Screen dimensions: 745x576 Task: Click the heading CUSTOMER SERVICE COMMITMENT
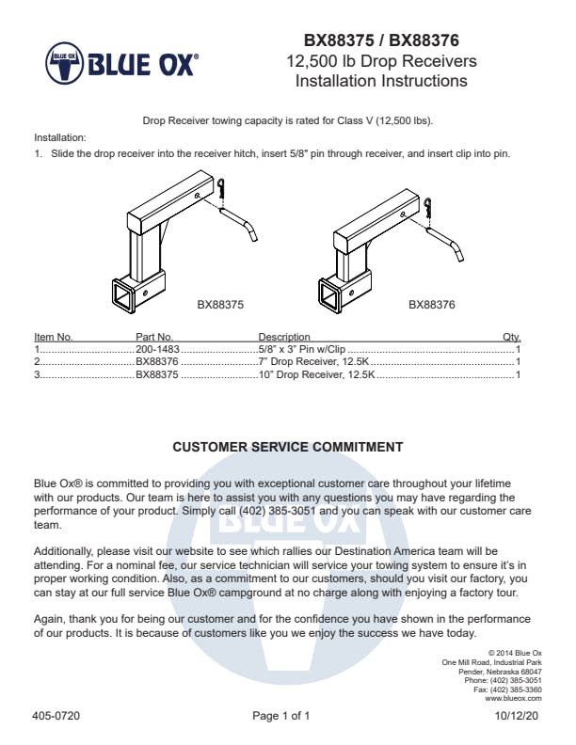click(288, 447)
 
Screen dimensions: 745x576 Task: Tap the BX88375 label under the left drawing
click(220, 305)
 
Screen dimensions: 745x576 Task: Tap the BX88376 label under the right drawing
click(432, 305)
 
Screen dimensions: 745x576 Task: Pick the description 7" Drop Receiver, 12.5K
click(314, 360)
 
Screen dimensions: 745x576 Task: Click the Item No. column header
click(54, 337)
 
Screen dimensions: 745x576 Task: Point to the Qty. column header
click(512, 337)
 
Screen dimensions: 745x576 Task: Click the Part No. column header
click(154, 337)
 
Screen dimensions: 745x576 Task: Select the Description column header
click(284, 337)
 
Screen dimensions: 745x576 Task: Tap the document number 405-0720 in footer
click(56, 716)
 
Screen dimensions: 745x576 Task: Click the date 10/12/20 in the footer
click(518, 716)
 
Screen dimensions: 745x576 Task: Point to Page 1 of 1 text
click(281, 716)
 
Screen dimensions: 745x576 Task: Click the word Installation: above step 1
click(59, 137)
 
